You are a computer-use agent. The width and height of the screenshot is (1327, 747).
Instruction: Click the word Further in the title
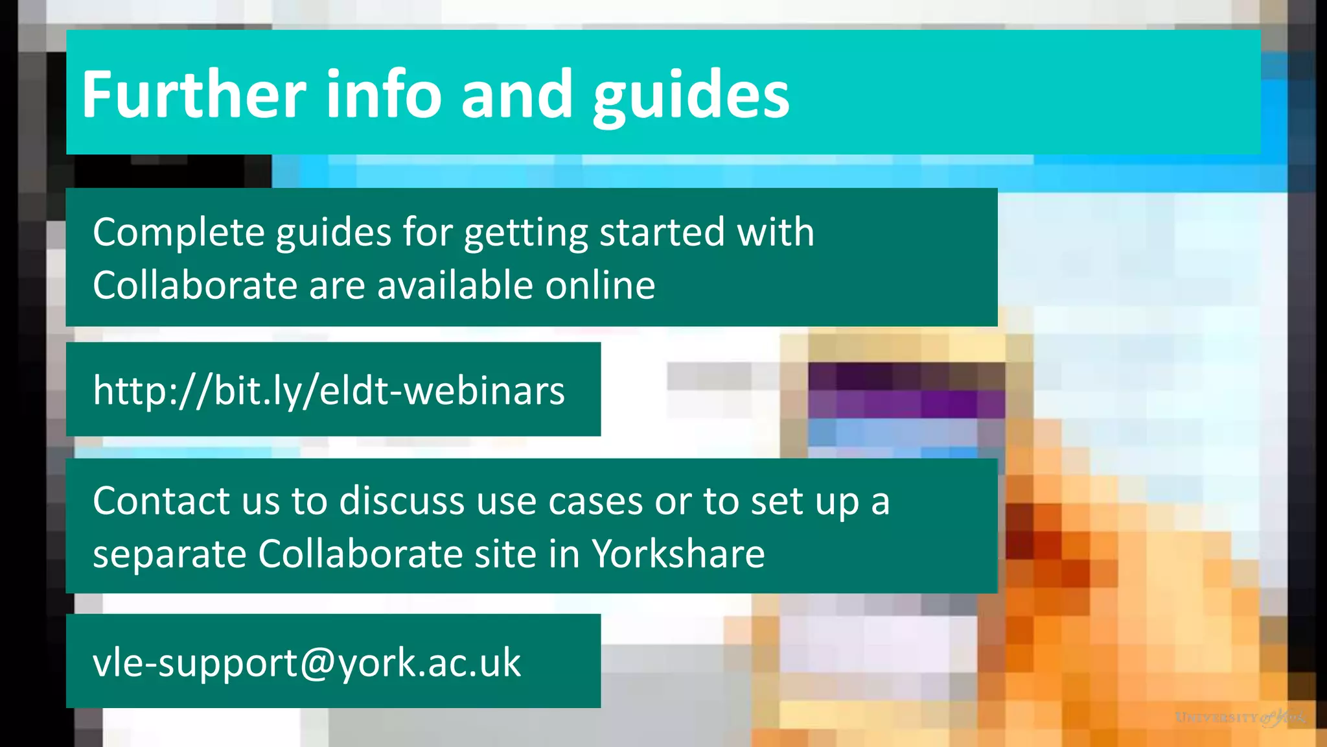point(194,95)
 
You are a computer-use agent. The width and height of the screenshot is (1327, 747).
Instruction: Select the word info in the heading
point(383,95)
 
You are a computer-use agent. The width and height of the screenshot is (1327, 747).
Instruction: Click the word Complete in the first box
point(178,232)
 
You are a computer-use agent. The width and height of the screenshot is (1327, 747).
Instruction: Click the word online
point(599,285)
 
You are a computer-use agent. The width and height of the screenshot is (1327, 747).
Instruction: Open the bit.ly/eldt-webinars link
point(329,390)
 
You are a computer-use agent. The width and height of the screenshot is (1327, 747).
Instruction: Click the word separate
point(169,555)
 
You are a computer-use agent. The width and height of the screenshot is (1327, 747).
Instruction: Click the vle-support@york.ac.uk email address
point(306,663)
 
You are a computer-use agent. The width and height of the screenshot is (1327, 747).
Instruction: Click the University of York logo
point(1240,718)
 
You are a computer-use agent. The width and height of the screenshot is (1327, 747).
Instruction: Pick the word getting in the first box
point(525,233)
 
